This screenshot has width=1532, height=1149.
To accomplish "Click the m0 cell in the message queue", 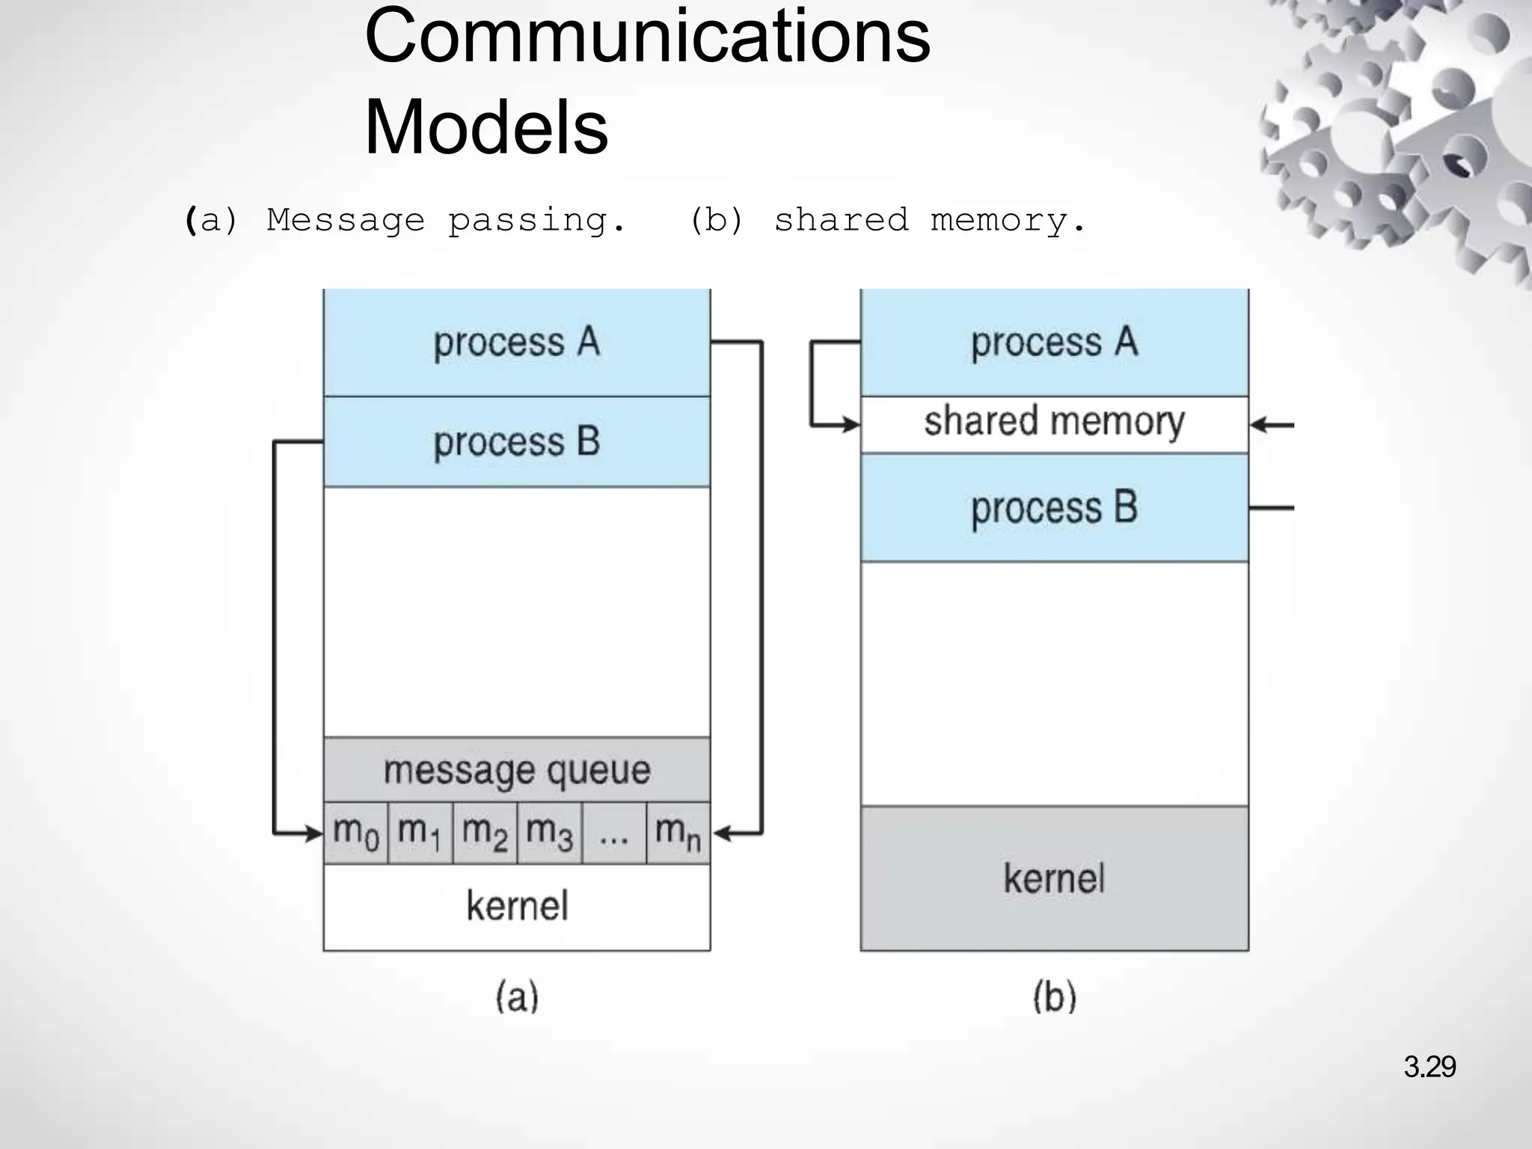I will click(x=356, y=833).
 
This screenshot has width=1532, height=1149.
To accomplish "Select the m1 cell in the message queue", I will click(x=420, y=833).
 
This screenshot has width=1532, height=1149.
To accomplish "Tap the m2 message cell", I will click(x=485, y=833).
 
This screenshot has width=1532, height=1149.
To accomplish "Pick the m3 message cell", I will click(x=550, y=833).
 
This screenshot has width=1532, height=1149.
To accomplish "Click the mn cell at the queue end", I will click(x=678, y=833).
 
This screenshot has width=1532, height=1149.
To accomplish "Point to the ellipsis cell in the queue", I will click(x=614, y=833).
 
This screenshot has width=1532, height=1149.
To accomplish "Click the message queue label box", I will click(x=517, y=770).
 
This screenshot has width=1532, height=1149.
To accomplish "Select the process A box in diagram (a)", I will click(x=517, y=343).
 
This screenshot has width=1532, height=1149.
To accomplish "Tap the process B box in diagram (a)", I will click(x=517, y=441).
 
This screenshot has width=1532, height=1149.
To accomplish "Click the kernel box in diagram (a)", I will click(x=517, y=907).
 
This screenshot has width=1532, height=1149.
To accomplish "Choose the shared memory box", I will click(x=1054, y=423).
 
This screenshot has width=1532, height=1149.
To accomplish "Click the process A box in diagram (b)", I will click(x=1054, y=343).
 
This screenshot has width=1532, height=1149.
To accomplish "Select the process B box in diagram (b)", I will click(x=1054, y=508).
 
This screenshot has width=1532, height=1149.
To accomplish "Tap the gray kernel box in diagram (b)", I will click(x=1054, y=878).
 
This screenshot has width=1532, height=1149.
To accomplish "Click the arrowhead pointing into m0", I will click(x=314, y=833).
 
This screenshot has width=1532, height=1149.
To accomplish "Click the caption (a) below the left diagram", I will click(x=517, y=997).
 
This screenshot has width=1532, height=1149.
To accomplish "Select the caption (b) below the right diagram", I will click(x=1054, y=997).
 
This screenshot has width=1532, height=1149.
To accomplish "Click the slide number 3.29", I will click(x=1429, y=1067).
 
